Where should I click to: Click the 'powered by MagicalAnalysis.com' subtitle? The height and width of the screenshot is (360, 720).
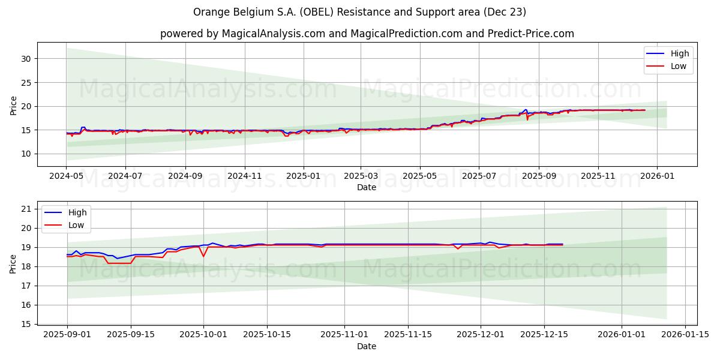[367, 34]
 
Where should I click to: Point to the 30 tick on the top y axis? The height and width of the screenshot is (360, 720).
[26, 59]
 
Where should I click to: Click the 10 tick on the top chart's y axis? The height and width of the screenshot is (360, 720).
[26, 154]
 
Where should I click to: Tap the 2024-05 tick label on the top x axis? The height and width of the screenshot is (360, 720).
[67, 176]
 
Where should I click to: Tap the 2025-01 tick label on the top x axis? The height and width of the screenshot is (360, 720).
[303, 176]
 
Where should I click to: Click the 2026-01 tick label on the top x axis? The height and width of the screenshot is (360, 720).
[657, 176]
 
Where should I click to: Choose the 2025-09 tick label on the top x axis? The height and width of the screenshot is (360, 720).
[538, 176]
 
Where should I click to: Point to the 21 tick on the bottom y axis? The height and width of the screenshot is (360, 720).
[26, 209]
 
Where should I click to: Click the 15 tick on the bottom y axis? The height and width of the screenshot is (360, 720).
[26, 324]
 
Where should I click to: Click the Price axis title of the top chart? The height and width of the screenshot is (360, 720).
[14, 104]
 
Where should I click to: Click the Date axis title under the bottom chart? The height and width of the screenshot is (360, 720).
[367, 346]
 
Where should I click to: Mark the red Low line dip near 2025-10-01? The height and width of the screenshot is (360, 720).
[203, 256]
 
